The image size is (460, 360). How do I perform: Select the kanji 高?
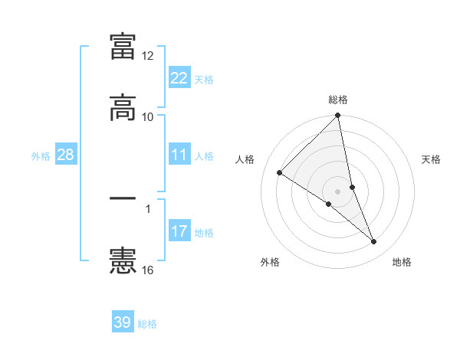click(123, 106)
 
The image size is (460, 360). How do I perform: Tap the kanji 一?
click(123, 198)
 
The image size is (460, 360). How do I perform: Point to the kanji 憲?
click(123, 260)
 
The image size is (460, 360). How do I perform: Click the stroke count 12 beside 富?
click(148, 56)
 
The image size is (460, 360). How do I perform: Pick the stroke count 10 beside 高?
click(148, 117)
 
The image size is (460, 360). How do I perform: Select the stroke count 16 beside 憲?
click(148, 270)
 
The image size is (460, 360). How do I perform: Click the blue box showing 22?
click(179, 77)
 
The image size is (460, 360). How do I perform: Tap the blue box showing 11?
click(179, 155)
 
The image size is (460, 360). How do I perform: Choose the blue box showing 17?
click(179, 231)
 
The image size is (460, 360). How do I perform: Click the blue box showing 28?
click(65, 155)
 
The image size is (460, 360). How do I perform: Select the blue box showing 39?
click(123, 322)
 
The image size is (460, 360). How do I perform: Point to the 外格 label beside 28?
click(41, 156)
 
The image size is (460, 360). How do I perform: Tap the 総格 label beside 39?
click(147, 324)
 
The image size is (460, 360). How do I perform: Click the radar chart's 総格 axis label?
click(338, 100)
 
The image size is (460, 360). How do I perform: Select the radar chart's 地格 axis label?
click(402, 262)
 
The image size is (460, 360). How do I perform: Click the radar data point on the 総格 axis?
click(338, 116)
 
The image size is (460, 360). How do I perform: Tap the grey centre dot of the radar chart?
click(338, 191)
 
